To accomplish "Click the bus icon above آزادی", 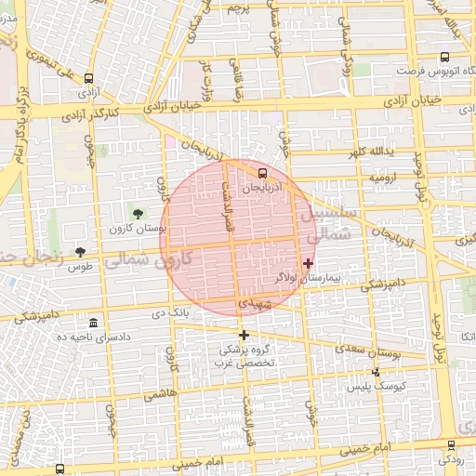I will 89,79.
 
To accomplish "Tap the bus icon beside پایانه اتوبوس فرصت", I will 444,57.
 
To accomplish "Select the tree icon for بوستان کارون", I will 140,214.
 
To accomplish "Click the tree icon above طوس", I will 81,252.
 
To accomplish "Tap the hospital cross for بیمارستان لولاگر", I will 309,263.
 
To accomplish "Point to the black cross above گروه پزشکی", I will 245,335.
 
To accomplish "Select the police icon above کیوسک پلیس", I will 376,372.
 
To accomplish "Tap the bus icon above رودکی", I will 452,445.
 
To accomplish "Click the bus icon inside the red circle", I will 261,173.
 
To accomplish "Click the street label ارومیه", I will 384,176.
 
